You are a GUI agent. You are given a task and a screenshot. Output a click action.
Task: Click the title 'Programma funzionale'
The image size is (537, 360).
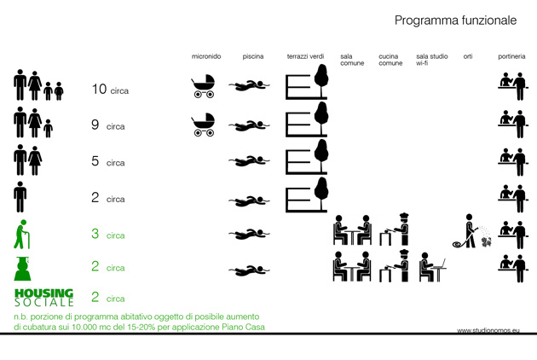click(455, 20)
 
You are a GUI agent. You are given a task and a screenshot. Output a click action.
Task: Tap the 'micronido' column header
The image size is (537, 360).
click(206, 56)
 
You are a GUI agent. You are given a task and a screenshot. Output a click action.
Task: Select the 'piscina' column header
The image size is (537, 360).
click(253, 56)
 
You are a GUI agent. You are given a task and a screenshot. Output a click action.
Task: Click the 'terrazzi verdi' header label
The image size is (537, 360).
click(305, 56)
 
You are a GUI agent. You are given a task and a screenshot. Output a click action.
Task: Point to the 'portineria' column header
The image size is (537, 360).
click(511, 56)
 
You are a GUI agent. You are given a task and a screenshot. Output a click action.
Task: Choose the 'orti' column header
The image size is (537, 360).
click(468, 56)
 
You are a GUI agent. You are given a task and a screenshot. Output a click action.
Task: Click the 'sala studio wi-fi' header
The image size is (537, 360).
click(432, 60)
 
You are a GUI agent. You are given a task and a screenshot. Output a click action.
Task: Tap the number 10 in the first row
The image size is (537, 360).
click(100, 89)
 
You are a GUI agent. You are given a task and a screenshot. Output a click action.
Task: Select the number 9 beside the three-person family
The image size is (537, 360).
click(95, 125)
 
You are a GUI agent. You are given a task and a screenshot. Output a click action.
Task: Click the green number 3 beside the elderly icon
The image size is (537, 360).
click(95, 234)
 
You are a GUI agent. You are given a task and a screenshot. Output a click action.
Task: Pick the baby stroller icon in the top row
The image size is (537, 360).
click(203, 86)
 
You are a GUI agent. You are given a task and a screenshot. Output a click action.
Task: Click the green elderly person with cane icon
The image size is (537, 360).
click(21, 235)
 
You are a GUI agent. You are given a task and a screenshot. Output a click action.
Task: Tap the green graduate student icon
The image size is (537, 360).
click(23, 269)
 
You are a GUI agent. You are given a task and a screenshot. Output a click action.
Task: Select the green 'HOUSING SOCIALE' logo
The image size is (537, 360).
click(44, 297)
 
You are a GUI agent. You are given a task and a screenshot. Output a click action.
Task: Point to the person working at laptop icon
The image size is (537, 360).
click(433, 267)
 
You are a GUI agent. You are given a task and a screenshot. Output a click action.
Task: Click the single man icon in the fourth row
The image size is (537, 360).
click(20, 197)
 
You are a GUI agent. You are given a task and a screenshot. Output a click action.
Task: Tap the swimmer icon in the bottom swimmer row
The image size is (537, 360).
click(249, 270)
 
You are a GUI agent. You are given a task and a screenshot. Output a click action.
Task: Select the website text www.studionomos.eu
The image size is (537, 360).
click(488, 330)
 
